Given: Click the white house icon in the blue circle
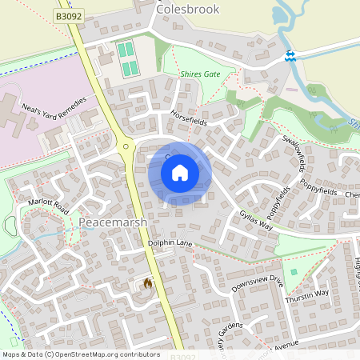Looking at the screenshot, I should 180,173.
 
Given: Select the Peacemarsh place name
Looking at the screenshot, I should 113,221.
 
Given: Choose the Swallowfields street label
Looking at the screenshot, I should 294,151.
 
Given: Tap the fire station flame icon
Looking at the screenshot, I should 147,282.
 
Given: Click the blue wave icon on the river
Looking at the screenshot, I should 290,55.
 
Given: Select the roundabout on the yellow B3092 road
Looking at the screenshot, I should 125,146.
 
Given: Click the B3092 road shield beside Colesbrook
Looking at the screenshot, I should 70,15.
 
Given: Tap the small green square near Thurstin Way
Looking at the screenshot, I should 294,273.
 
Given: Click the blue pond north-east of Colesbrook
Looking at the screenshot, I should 279,14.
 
